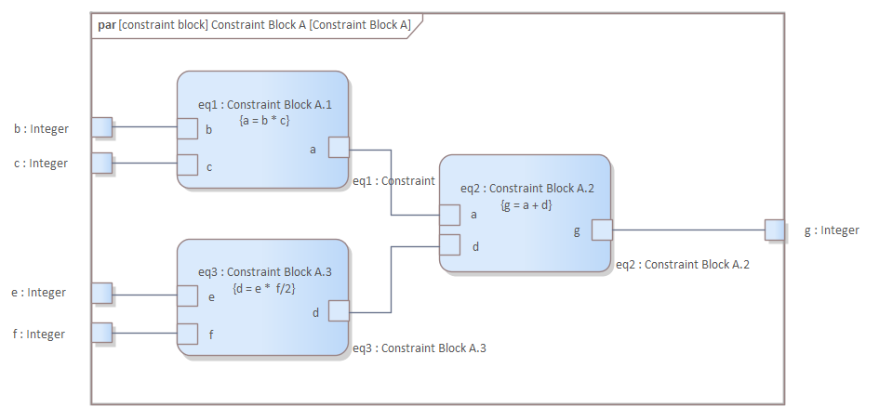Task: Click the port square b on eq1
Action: (187, 128)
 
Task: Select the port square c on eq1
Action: (187, 165)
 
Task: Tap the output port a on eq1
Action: (339, 148)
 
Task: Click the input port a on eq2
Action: (449, 215)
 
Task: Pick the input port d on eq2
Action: (449, 245)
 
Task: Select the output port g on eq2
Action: (602, 230)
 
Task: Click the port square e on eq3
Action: (187, 295)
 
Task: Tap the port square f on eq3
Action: (187, 334)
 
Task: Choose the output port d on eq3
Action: (339, 311)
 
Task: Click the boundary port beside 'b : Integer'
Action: (101, 127)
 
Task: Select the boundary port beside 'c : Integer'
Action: (101, 164)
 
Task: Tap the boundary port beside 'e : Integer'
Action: (101, 294)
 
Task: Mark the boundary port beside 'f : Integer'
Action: (101, 333)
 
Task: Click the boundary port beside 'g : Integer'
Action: (775, 230)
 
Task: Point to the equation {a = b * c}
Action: (264, 120)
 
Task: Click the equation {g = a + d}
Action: (526, 204)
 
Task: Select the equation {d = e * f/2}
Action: (264, 288)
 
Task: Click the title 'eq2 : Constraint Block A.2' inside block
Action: (526, 188)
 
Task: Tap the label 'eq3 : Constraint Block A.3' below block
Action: (420, 348)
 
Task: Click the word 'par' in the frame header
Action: (106, 25)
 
